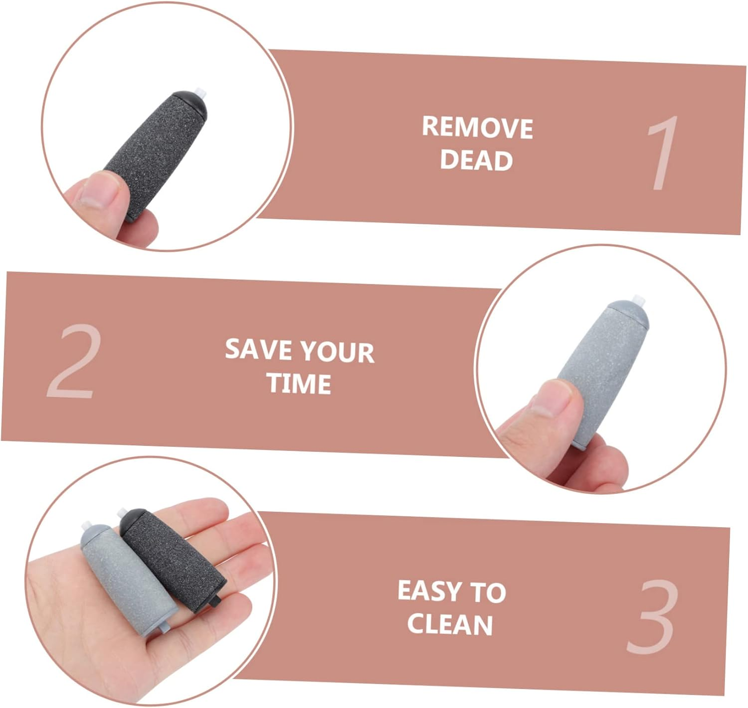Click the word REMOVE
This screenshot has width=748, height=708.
tap(477, 128)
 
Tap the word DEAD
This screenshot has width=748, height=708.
tap(476, 160)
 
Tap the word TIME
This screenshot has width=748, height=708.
tap(299, 383)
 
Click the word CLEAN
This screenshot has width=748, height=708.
tap(450, 624)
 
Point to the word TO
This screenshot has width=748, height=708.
tap(488, 592)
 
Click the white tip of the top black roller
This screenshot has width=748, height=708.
tap(201, 92)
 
